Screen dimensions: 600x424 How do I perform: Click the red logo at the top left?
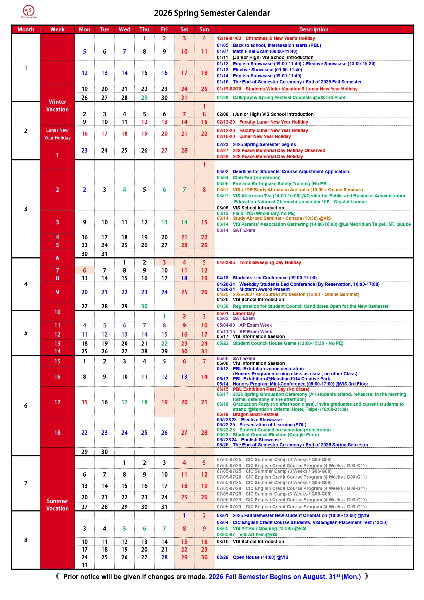29,11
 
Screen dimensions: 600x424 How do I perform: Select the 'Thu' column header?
144,30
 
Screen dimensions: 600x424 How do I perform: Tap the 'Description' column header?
314,30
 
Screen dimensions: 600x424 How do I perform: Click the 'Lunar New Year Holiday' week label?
57,134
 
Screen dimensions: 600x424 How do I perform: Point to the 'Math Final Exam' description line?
265,52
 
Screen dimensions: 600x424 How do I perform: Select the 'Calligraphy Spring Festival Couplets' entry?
289,97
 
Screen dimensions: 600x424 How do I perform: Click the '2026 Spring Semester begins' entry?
264,145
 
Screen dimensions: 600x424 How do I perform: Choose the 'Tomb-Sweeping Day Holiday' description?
270,262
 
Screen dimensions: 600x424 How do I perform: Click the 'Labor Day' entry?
244,313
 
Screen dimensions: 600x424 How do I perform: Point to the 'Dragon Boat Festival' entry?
255,414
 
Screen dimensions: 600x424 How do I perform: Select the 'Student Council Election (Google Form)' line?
276,435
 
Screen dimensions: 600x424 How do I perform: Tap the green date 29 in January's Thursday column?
144,98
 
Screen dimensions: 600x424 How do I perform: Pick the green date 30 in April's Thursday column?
144,306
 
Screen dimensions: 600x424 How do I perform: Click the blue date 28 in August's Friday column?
164,557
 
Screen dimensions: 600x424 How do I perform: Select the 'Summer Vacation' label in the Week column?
57,504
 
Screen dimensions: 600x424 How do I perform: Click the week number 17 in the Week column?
57,402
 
